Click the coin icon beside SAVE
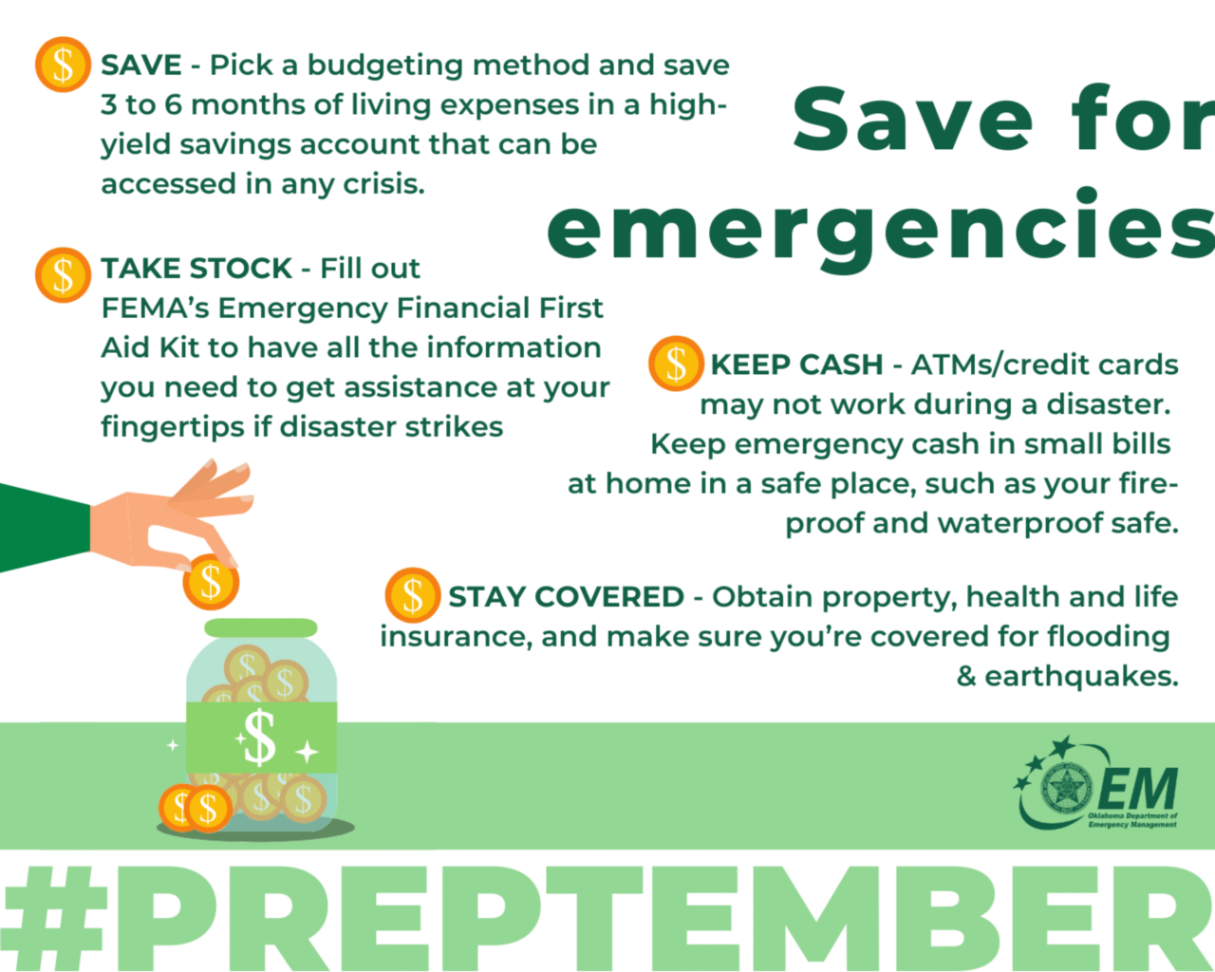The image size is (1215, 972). (63, 65)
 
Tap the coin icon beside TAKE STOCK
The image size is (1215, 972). (63, 275)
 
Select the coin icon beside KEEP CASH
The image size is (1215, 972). (676, 364)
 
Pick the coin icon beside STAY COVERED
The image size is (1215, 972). (413, 595)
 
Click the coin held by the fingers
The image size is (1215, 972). (211, 582)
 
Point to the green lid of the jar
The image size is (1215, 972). (261, 627)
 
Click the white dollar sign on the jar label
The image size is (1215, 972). (258, 738)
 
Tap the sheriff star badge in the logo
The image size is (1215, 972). (1066, 787)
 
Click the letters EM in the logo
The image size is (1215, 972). (1138, 788)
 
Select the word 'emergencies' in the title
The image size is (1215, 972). (878, 228)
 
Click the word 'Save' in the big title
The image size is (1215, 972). (911, 120)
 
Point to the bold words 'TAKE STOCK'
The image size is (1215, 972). (196, 269)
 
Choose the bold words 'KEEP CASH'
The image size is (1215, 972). (796, 364)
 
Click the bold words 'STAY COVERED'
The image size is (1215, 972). (566, 597)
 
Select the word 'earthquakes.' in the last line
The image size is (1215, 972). (1081, 677)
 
